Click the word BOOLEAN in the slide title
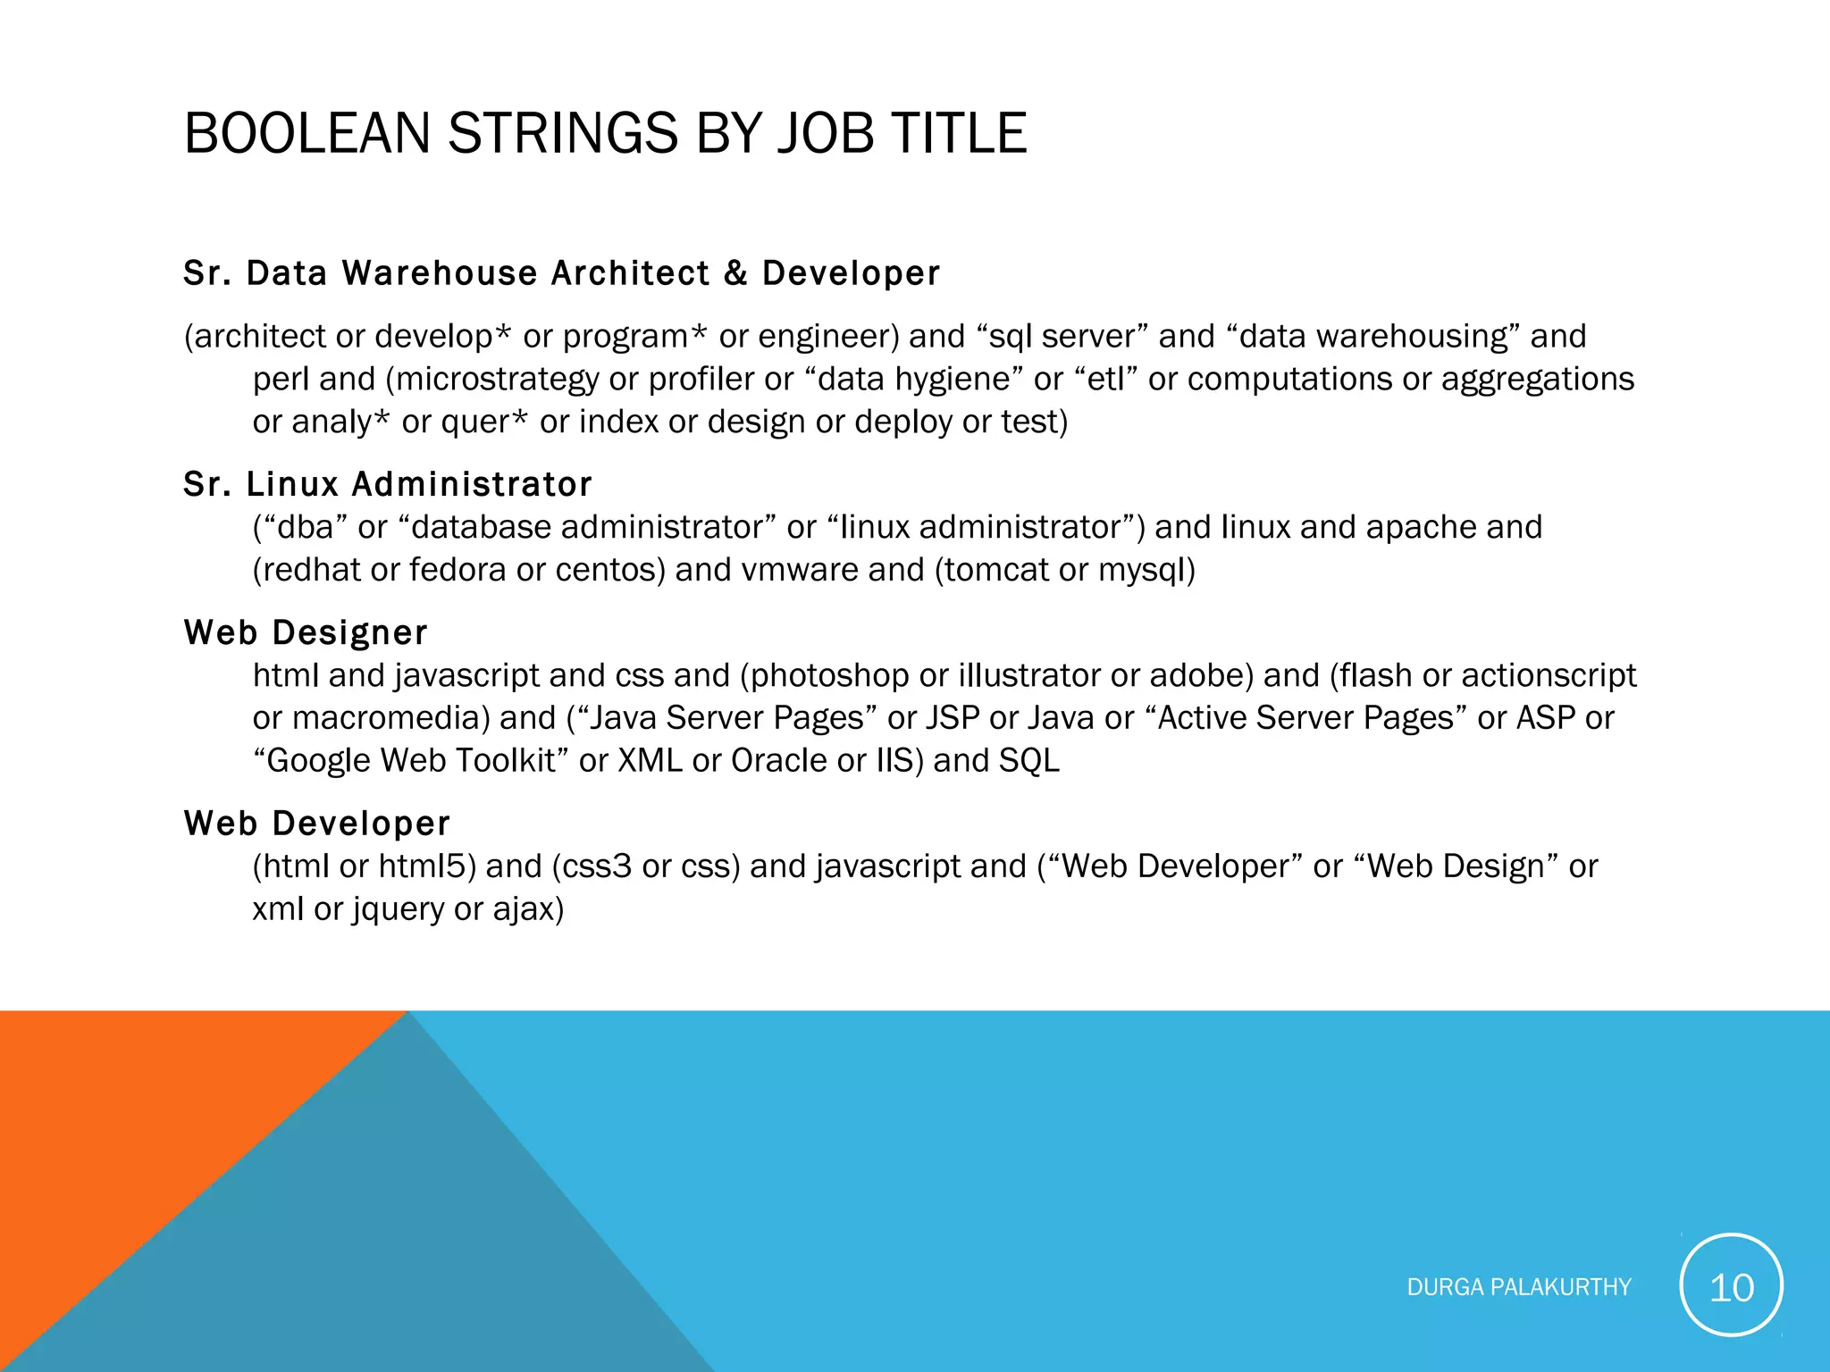tap(306, 134)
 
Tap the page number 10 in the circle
tap(1731, 1287)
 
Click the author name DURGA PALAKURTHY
tap(1518, 1287)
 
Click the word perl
tap(281, 380)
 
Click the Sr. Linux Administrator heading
tap(388, 484)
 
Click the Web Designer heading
tap(306, 632)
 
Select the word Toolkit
tap(507, 761)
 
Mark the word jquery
tap(399, 909)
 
